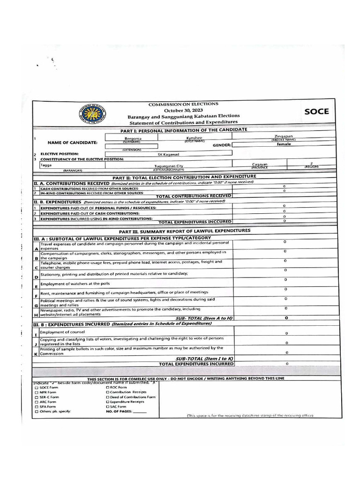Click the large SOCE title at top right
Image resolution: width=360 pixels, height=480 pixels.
pyautogui.click(x=316, y=112)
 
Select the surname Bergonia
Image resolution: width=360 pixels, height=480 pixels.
pyautogui.click(x=133, y=139)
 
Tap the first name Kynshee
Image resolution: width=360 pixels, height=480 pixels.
pyautogui.click(x=194, y=138)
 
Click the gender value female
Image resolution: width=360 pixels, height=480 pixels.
pyautogui.click(x=284, y=144)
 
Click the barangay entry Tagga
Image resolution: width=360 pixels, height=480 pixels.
pyautogui.click(x=46, y=165)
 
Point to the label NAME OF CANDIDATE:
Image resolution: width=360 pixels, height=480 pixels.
pyautogui.click(x=73, y=142)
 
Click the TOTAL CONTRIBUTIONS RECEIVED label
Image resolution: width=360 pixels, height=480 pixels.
pyautogui.click(x=193, y=196)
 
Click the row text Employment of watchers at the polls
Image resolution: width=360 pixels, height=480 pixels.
pyautogui.click(x=75, y=284)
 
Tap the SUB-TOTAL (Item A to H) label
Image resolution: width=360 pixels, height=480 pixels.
pyautogui.click(x=204, y=318)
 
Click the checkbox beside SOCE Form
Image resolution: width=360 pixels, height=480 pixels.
pyautogui.click(x=37, y=388)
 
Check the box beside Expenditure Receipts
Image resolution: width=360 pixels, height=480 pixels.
pyautogui.click(x=108, y=402)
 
